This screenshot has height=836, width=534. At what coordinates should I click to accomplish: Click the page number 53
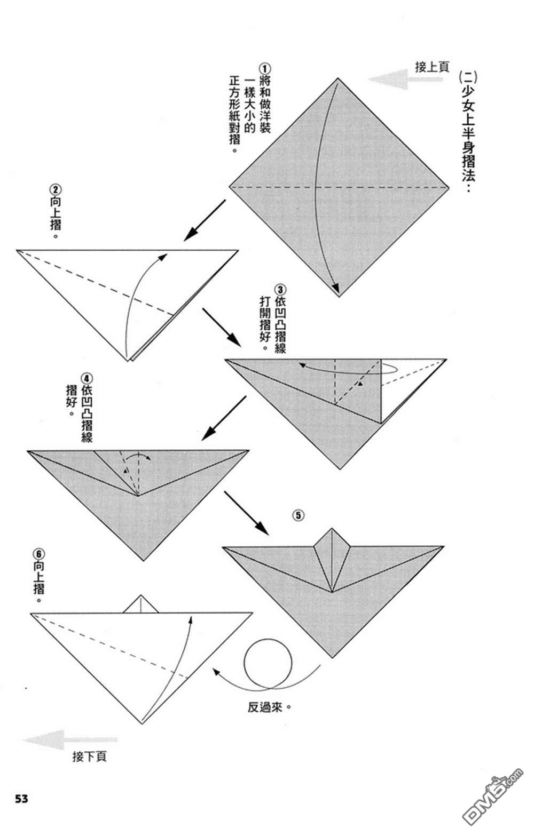pyautogui.click(x=21, y=799)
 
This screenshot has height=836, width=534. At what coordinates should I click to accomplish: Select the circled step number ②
pyautogui.click(x=55, y=189)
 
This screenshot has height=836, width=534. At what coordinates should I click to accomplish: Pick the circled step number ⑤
pyautogui.click(x=298, y=515)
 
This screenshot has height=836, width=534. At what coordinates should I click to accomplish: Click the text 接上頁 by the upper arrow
pyautogui.click(x=431, y=67)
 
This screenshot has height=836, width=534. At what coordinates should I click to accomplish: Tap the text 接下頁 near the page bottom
pyautogui.click(x=89, y=756)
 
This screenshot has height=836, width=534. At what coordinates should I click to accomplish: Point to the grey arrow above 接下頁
pyautogui.click(x=69, y=741)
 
